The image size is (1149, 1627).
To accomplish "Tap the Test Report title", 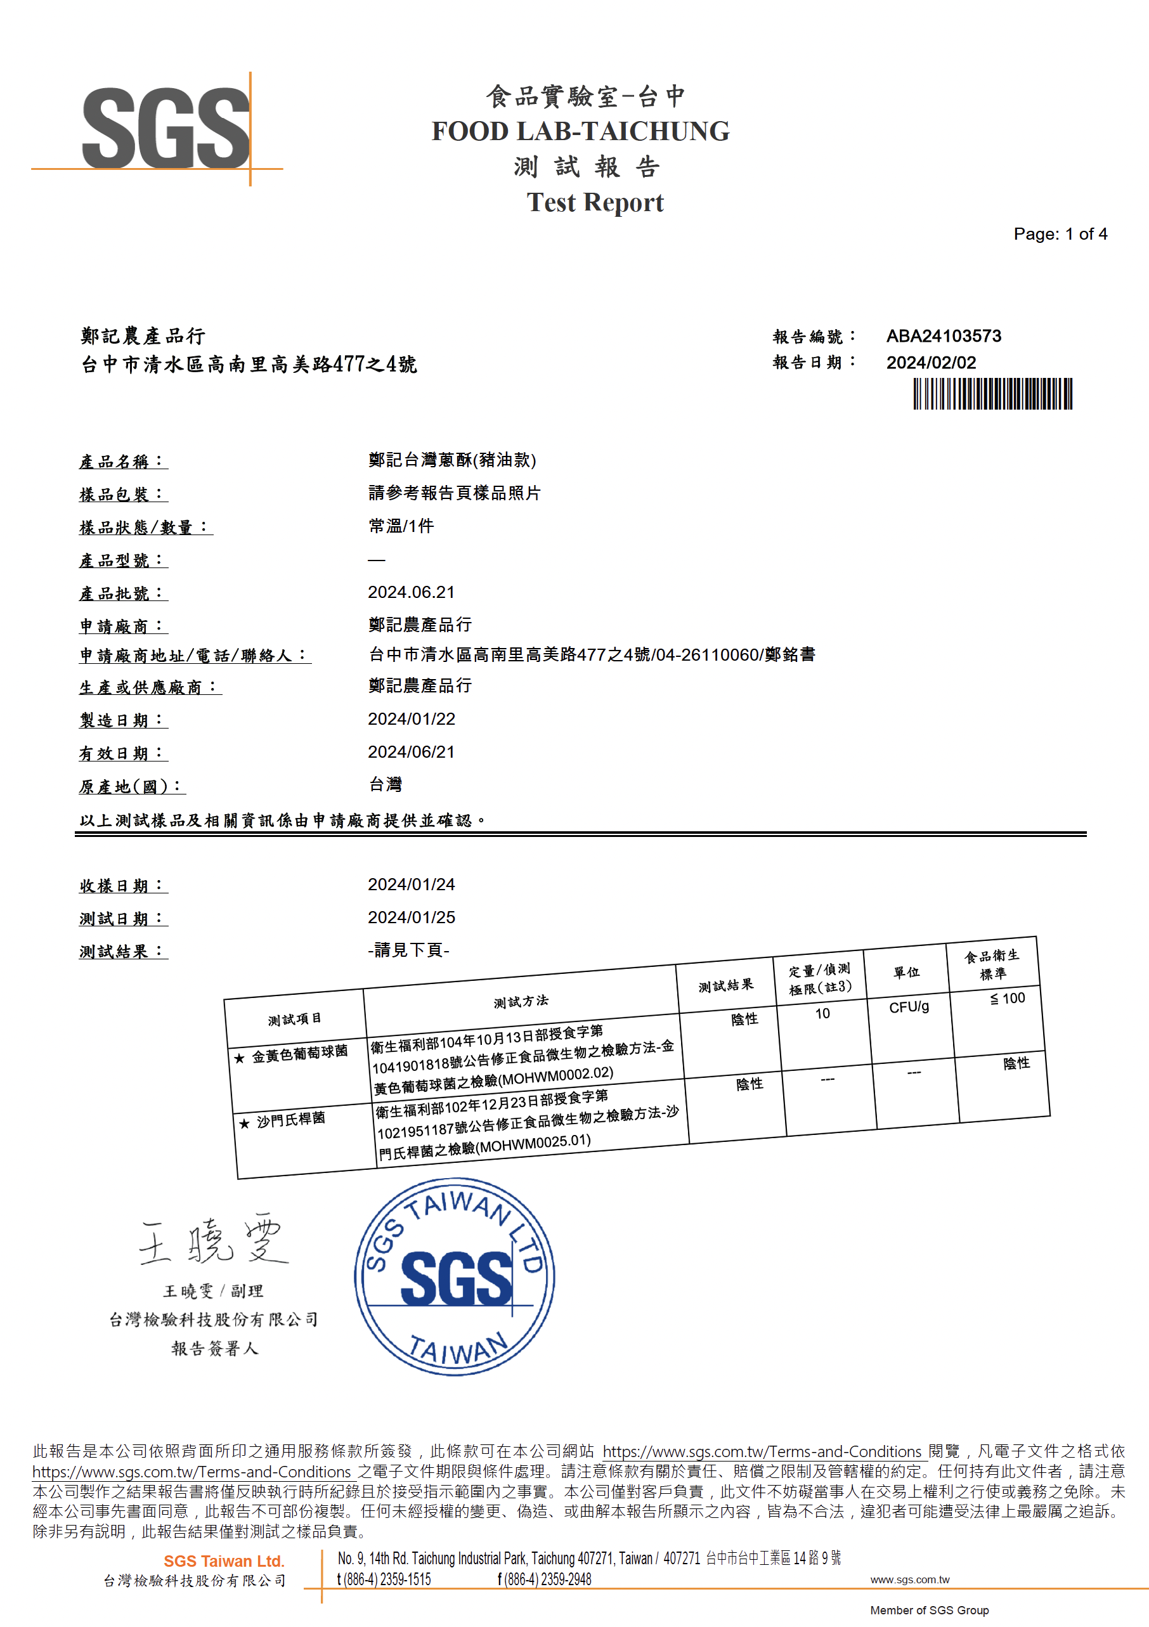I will pyautogui.click(x=595, y=203).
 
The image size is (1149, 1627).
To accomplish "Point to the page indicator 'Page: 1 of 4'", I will pyautogui.click(x=1060, y=234).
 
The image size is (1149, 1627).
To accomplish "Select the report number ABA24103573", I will pyautogui.click(x=944, y=336).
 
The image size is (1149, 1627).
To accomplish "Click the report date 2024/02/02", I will pyautogui.click(x=931, y=363).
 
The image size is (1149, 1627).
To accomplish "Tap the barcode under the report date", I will pyautogui.click(x=992, y=394).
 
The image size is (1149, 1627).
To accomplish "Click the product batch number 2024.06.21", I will pyautogui.click(x=411, y=592).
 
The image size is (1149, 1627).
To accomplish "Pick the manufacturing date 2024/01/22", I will pyautogui.click(x=411, y=719).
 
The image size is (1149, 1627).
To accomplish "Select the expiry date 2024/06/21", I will pyautogui.click(x=411, y=752).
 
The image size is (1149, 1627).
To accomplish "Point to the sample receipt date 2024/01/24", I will pyautogui.click(x=411, y=885).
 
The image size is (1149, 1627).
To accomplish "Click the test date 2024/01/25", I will pyautogui.click(x=411, y=917).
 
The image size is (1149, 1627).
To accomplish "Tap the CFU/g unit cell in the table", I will pyautogui.click(x=909, y=1007).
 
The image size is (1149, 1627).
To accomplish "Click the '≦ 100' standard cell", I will pyautogui.click(x=1007, y=999).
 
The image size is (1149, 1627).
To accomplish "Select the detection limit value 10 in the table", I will pyautogui.click(x=822, y=1014).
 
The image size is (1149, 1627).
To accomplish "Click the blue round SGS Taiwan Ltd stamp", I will pyautogui.click(x=455, y=1278).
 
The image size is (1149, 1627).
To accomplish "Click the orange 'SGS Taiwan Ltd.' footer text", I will pyautogui.click(x=223, y=1561).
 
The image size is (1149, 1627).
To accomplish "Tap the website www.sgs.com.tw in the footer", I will pyautogui.click(x=909, y=1579).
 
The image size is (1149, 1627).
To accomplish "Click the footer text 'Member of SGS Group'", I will pyautogui.click(x=928, y=1610).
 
